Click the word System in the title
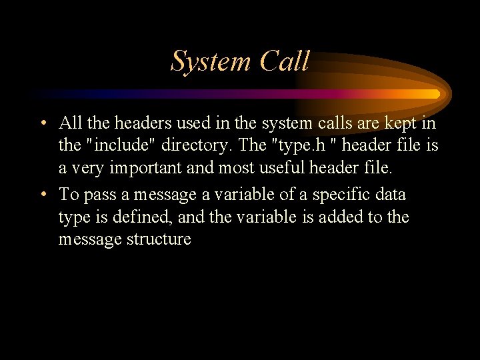coord(211,62)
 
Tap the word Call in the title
coord(285,62)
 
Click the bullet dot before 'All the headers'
coord(43,123)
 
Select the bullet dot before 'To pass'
coord(43,195)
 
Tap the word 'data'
coord(391,195)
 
